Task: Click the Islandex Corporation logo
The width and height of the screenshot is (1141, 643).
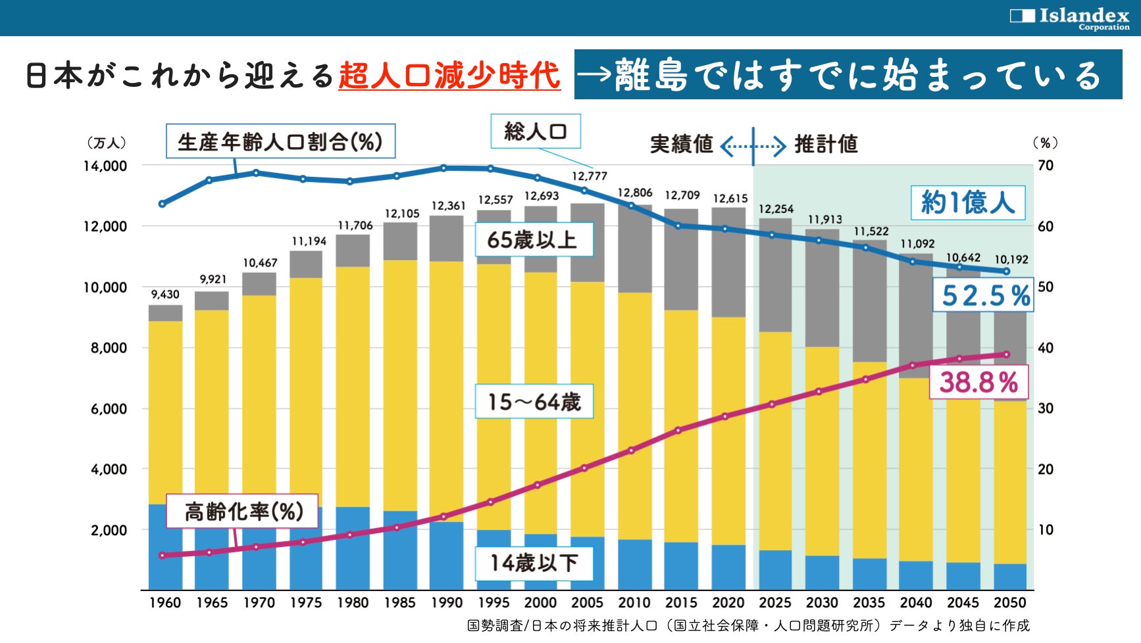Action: coord(1069,18)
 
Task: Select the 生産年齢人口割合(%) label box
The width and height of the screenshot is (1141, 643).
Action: coord(280,141)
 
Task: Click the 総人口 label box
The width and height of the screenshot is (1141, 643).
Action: coord(535,131)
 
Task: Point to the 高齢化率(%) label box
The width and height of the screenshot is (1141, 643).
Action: coord(243,512)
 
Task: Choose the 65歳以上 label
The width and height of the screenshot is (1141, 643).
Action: coord(532,240)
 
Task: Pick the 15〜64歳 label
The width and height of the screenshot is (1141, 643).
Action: coord(534,402)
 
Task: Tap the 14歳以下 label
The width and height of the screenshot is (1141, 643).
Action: coord(534,563)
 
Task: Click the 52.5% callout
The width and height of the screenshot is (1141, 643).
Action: coord(984,295)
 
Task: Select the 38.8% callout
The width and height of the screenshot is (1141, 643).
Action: coord(978,382)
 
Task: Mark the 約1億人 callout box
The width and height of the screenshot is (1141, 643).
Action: coord(967,202)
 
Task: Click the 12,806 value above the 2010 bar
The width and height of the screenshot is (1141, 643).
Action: coord(635,193)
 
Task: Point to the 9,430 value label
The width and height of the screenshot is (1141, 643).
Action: coord(165,295)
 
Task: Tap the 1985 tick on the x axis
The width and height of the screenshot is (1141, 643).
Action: coord(399,603)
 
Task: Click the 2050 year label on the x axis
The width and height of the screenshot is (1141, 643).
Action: coord(1009,603)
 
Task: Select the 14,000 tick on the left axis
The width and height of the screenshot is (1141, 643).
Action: coord(105,166)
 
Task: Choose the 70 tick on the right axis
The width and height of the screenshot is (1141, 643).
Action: coord(1045,166)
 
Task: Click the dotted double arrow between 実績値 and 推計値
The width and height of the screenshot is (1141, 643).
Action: coord(753,145)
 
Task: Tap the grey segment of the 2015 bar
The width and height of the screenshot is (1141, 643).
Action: coord(681,260)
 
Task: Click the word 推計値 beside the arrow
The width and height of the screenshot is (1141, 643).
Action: coord(826,144)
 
